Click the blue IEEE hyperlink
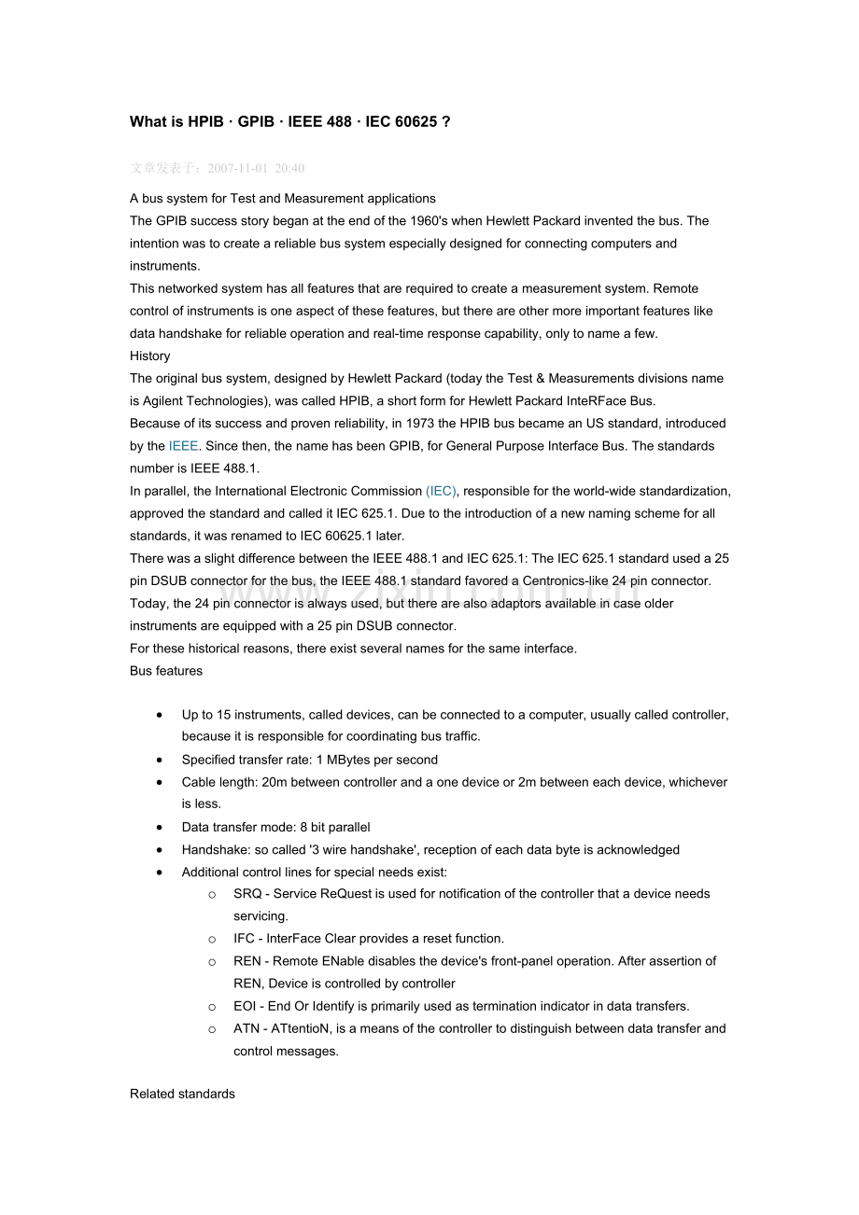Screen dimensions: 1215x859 coord(183,446)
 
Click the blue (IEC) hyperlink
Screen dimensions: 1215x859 coord(442,491)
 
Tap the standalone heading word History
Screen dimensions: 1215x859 coord(150,356)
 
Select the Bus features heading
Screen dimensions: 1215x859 coord(166,671)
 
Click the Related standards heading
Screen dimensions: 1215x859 coord(182,1094)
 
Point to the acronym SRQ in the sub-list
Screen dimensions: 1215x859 coord(247,894)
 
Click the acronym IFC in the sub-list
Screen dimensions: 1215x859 coord(244,939)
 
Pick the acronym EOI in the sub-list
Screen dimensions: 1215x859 coord(246,1006)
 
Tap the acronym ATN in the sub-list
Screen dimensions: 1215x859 coord(246,1028)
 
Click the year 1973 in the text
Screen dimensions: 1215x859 coord(406,424)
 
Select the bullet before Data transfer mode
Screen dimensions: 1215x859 coord(162,827)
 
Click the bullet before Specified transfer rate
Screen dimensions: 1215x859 coord(162,760)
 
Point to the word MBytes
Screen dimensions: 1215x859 coord(349,760)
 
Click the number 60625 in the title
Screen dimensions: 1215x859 coord(415,122)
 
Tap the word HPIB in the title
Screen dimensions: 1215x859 coord(205,122)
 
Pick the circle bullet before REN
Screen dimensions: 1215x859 coord(213,961)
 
